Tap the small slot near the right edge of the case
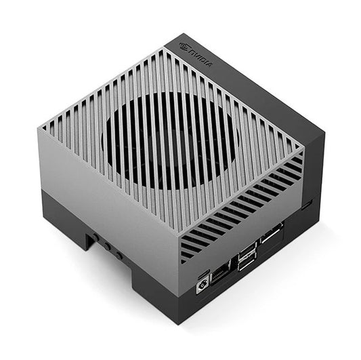pos(308,203)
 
